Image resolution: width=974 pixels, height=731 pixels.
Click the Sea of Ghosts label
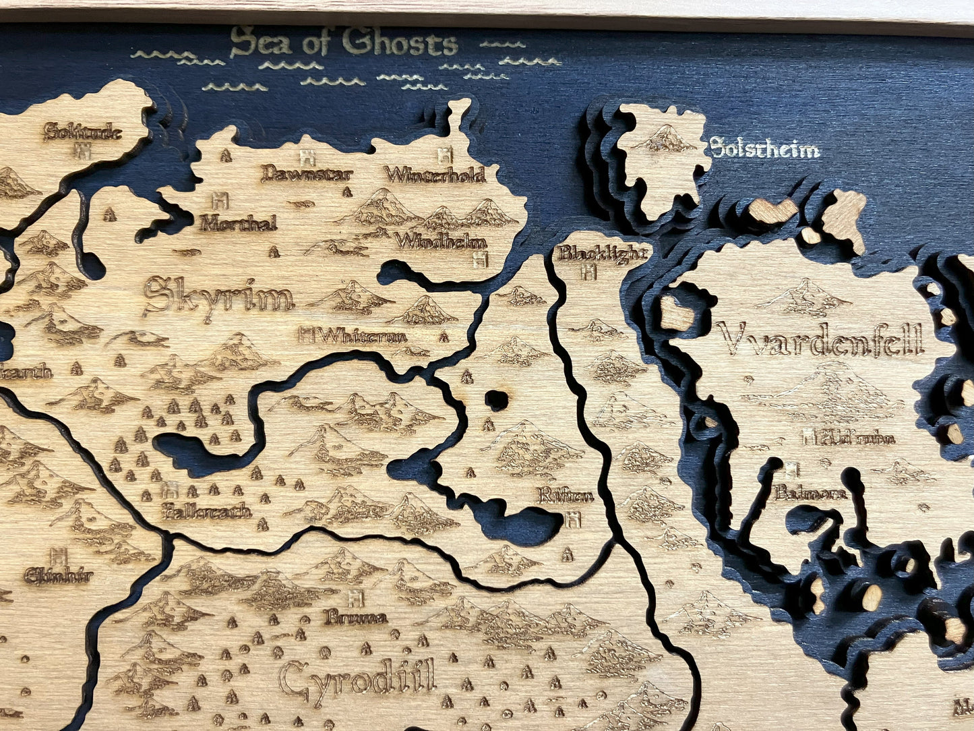click(344, 44)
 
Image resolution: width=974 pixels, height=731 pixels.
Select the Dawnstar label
click(307, 175)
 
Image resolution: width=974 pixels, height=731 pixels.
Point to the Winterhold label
click(435, 175)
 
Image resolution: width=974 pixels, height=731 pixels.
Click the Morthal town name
click(238, 223)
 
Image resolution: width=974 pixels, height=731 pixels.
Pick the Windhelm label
click(441, 241)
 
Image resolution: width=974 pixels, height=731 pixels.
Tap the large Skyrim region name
click(218, 297)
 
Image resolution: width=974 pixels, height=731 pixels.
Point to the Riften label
click(566, 496)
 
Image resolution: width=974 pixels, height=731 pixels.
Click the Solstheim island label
click(765, 148)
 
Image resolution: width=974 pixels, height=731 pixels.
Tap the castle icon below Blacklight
click(588, 272)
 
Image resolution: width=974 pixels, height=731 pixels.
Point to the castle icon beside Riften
click(574, 519)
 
